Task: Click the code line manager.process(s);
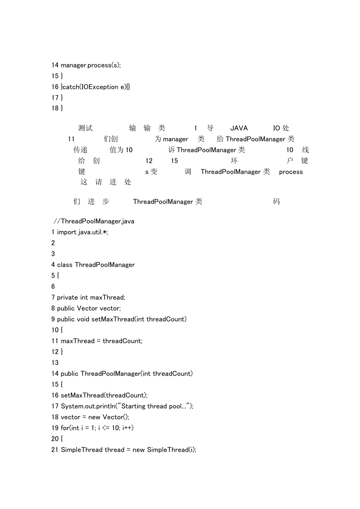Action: [86, 65]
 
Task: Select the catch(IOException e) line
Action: [91, 87]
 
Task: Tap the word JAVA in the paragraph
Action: [239, 128]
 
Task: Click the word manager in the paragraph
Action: [175, 139]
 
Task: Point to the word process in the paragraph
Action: [291, 172]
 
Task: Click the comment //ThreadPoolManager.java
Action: [94, 221]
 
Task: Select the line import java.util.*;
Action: [80, 232]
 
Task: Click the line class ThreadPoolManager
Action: [93, 265]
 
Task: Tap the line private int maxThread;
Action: [88, 297]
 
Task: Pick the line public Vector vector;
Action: [86, 308]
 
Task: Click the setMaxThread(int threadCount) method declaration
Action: [119, 319]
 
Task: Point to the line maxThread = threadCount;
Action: [97, 341]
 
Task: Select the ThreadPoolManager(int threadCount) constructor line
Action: [122, 373]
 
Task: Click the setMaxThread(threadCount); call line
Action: [100, 395]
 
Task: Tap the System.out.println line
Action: [122, 406]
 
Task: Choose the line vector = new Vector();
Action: [91, 417]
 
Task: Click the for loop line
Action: [92, 428]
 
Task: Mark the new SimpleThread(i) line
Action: [124, 450]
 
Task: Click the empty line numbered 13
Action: [55, 362]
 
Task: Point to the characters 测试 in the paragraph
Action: [85, 128]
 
